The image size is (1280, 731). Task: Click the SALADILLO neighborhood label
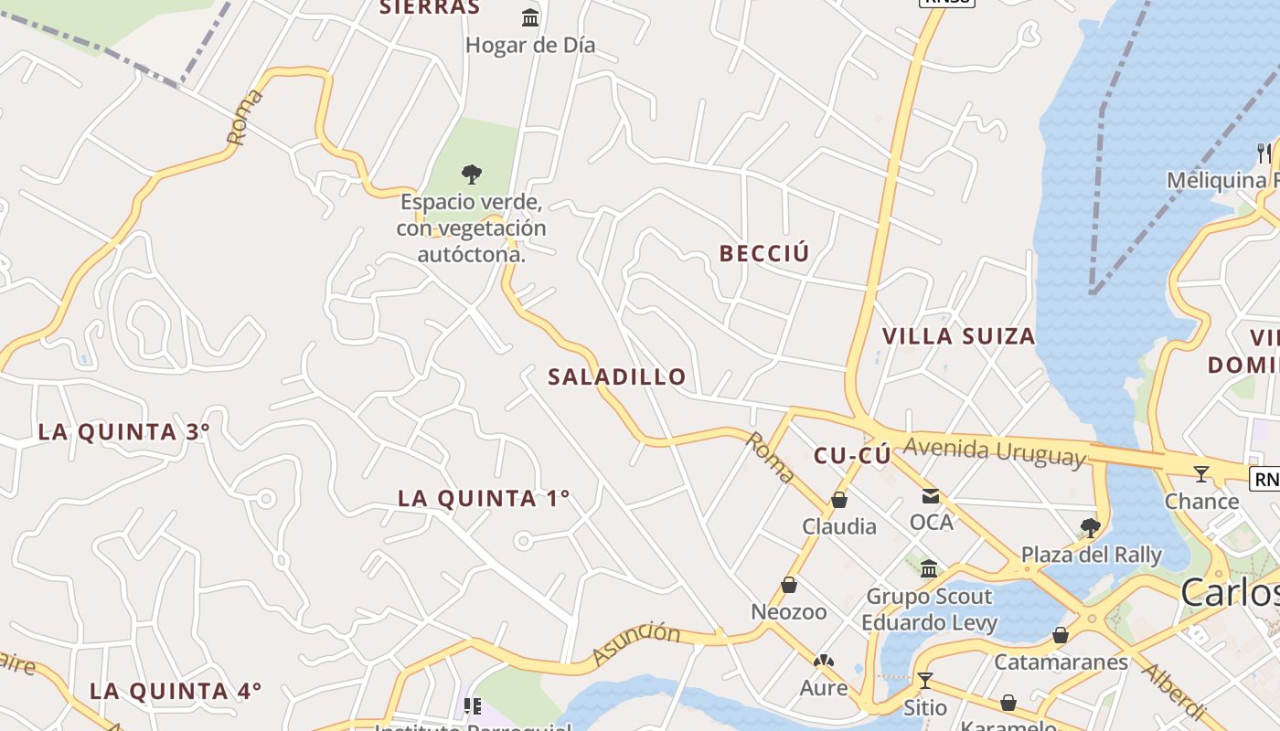616,376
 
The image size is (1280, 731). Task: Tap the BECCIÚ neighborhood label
764,253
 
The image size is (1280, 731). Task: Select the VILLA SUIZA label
958,335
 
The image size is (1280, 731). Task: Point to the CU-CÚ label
851,455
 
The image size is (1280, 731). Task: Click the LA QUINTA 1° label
484,498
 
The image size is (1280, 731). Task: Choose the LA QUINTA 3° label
124,431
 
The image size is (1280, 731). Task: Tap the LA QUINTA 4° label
176,690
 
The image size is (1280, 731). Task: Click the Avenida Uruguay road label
995,451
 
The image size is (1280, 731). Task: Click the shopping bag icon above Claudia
838,500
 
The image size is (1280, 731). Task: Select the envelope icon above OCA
931,496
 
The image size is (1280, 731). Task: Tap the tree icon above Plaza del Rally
1089,527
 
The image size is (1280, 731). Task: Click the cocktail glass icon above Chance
1201,473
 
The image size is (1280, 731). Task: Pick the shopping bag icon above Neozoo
789,585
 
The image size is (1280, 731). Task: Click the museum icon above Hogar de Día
530,17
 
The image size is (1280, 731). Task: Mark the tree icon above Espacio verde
471,173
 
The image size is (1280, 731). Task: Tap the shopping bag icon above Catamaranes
1061,634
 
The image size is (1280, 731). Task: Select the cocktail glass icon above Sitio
925,680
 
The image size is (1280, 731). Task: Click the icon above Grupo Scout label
929,568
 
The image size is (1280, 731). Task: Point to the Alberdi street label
1174,689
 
